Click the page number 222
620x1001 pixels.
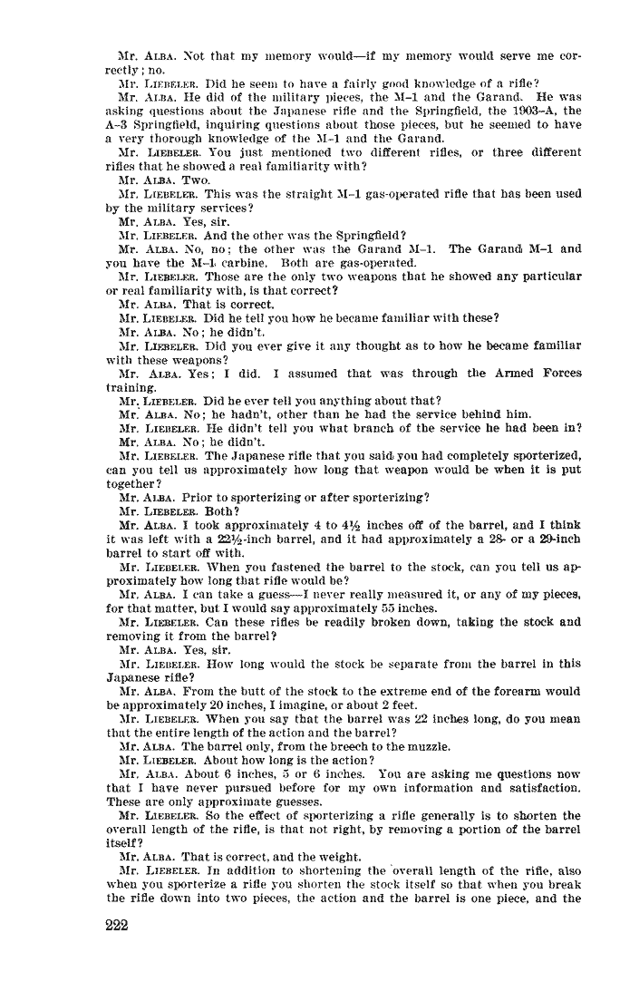(117, 926)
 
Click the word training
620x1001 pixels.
(131, 386)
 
